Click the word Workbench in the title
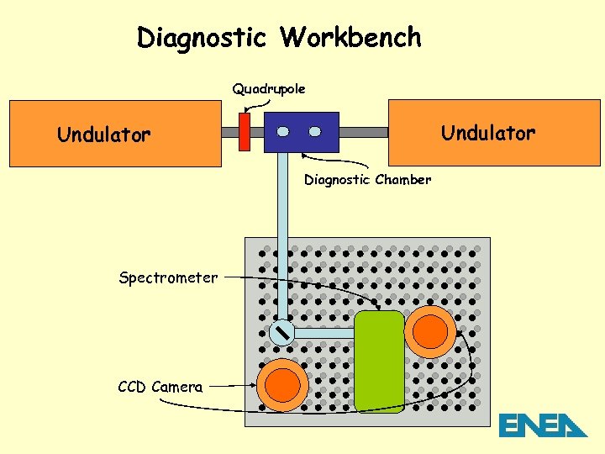(x=351, y=38)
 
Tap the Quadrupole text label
(x=269, y=88)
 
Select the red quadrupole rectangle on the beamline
(x=245, y=132)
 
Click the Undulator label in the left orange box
(x=103, y=134)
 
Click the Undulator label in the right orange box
(x=488, y=133)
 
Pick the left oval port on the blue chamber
(x=283, y=132)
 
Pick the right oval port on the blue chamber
(x=314, y=132)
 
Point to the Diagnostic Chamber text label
(x=367, y=179)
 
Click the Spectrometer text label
(x=168, y=277)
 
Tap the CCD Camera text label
(x=160, y=387)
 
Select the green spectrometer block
(x=379, y=362)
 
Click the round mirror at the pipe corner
(x=281, y=332)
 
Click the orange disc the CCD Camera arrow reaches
(x=432, y=331)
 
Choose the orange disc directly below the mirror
(x=282, y=384)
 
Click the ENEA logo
(x=543, y=425)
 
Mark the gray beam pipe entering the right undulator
(x=363, y=132)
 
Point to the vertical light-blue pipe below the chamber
(x=282, y=235)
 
